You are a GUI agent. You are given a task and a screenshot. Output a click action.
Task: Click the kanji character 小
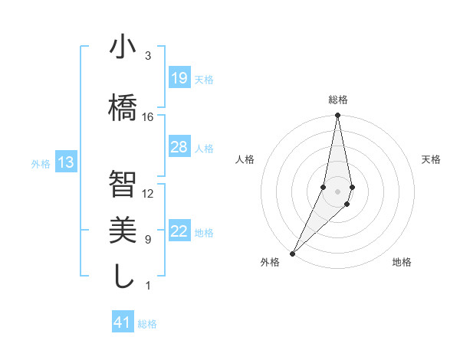tap(123, 47)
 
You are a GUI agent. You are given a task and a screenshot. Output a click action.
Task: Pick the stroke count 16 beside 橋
tap(148, 117)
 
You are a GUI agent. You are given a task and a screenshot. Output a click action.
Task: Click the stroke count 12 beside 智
tap(148, 193)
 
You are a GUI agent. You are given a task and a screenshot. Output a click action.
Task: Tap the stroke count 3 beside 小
tap(148, 56)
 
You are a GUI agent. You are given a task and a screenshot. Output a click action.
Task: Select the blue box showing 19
tap(179, 78)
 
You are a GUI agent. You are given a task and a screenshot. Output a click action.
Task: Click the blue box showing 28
tap(179, 147)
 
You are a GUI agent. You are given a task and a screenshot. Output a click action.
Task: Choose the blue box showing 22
tap(179, 232)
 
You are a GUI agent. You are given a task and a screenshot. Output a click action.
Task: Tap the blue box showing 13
tap(66, 162)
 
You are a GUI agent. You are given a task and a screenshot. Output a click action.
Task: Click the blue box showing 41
tap(123, 322)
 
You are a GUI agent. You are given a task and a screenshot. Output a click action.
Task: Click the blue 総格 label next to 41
tap(147, 324)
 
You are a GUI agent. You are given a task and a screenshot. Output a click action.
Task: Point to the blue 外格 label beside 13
tap(41, 163)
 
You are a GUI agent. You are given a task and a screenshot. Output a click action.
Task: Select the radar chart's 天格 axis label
tap(432, 159)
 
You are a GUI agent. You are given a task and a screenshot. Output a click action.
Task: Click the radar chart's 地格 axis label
tap(402, 262)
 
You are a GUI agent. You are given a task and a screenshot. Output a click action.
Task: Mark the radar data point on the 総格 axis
tap(337, 116)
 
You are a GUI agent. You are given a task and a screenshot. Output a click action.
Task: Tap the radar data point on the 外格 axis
tap(292, 253)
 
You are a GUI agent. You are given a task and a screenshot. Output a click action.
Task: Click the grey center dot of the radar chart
tap(337, 190)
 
